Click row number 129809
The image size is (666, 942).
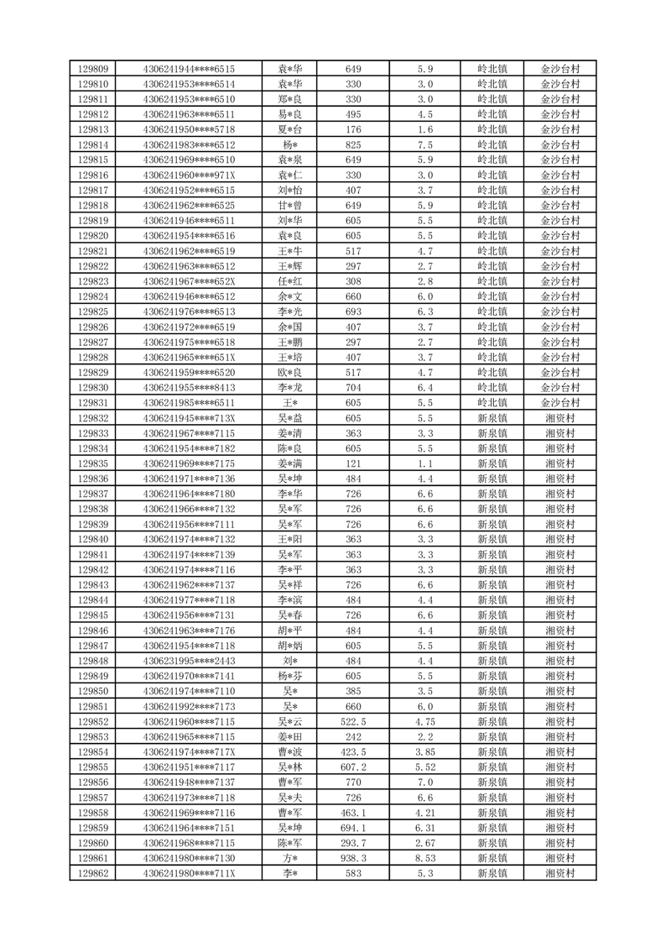(x=92, y=69)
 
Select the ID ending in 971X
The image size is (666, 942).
(x=189, y=175)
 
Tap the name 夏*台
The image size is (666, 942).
(x=290, y=129)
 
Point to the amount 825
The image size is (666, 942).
(x=353, y=144)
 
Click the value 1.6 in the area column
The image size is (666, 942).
(x=424, y=129)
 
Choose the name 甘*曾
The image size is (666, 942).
(x=290, y=206)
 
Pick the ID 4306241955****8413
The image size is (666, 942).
(x=189, y=388)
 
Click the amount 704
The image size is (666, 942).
(x=353, y=388)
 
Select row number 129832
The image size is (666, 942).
(x=92, y=418)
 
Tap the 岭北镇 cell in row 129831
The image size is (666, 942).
(x=492, y=403)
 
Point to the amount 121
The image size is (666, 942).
(x=353, y=463)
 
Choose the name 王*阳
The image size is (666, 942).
(x=290, y=540)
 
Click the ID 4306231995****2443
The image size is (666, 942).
(x=189, y=661)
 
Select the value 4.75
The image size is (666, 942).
(x=424, y=722)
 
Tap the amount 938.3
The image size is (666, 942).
(x=353, y=858)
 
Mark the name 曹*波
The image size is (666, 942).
(x=290, y=752)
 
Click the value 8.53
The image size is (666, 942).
(x=424, y=858)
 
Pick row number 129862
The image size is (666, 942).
(x=92, y=873)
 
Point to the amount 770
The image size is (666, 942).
(x=353, y=782)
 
